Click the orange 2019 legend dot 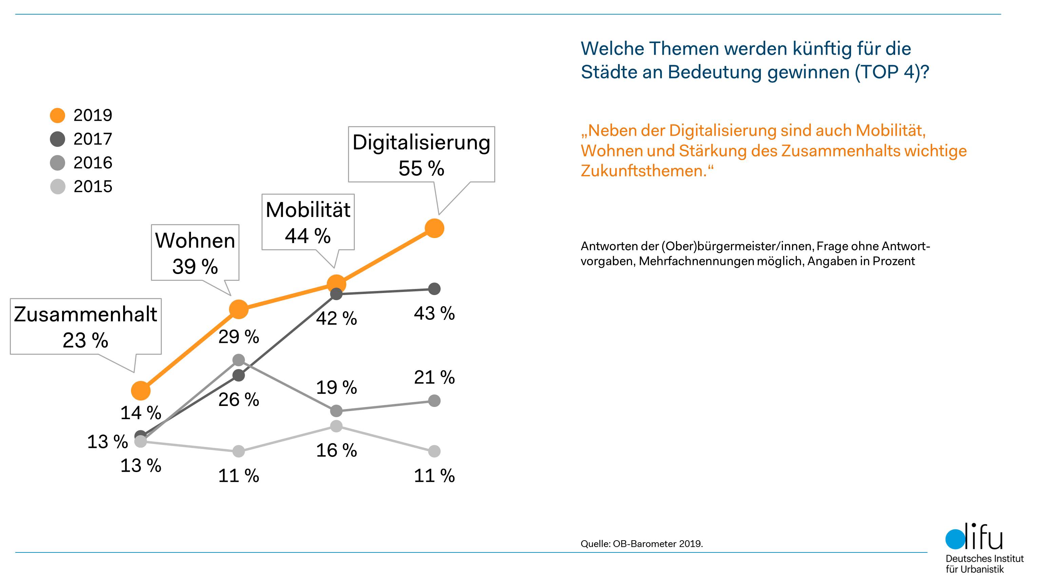pyautogui.click(x=57, y=115)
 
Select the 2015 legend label pyautogui.click(x=93, y=187)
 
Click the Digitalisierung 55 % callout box pyautogui.click(x=421, y=155)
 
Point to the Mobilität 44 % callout pyautogui.click(x=308, y=222)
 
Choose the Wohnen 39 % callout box pyautogui.click(x=195, y=253)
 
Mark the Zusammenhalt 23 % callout pyautogui.click(x=85, y=327)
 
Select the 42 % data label pyautogui.click(x=336, y=318)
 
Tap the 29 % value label pyautogui.click(x=238, y=337)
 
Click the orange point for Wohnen pyautogui.click(x=238, y=310)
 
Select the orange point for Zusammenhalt pyautogui.click(x=141, y=390)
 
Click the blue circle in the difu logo pyautogui.click(x=955, y=539)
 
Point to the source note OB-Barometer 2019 pyautogui.click(x=641, y=544)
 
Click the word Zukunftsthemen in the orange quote pyautogui.click(x=643, y=171)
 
